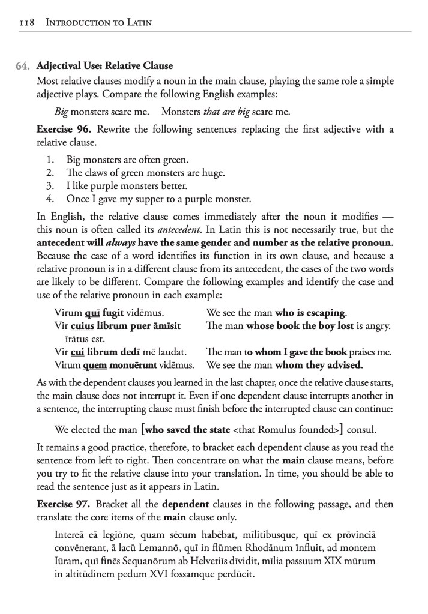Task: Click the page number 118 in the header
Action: point(25,23)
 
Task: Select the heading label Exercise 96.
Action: point(64,129)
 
